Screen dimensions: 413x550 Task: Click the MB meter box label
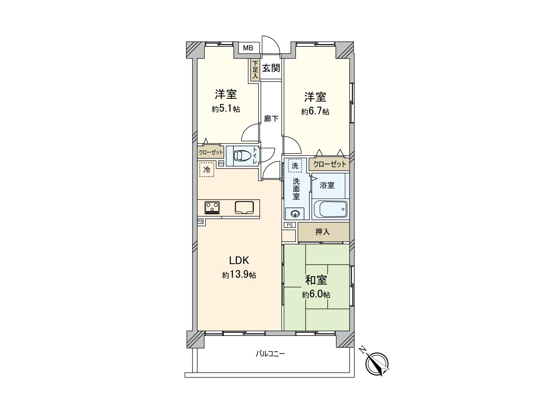tap(248, 48)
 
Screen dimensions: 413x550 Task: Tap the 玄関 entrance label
tap(271, 68)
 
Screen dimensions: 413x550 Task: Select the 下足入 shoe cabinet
tap(255, 70)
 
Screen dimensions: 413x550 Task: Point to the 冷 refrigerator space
tap(207, 169)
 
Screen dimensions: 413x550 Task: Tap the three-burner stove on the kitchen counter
tap(212, 208)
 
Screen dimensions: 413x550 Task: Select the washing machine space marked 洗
tap(295, 166)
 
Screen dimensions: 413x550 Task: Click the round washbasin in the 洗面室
tap(295, 214)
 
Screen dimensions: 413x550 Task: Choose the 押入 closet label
tap(322, 232)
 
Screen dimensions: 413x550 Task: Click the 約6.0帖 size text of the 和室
tap(316, 295)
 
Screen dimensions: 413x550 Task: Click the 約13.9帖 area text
tap(239, 275)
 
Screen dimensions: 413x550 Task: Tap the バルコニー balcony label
tap(270, 353)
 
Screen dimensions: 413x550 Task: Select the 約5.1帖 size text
tap(226, 109)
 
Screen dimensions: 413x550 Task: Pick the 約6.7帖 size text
tap(315, 112)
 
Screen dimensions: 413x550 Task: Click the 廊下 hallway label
tap(271, 119)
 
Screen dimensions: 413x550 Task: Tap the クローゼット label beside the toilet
tap(211, 152)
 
